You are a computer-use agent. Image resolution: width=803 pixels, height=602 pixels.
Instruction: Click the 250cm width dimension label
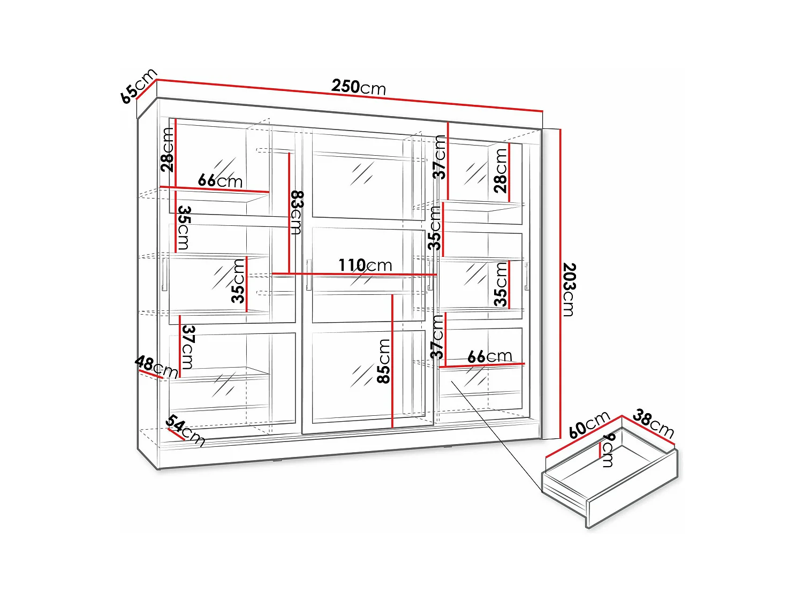[x=358, y=87]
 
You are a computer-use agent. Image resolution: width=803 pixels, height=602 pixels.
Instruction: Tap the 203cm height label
[x=569, y=289]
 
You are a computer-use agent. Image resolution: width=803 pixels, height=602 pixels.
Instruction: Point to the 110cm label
[x=365, y=265]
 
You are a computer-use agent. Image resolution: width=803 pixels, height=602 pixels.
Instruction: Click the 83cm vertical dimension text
[x=297, y=212]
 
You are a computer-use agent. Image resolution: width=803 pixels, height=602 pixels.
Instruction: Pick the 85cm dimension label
[x=384, y=361]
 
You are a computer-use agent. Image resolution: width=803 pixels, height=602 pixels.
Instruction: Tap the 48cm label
[x=156, y=367]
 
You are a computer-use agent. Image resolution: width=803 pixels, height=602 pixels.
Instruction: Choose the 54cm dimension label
[x=185, y=430]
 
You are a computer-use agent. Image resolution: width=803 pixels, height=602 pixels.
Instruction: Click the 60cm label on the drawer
[x=589, y=424]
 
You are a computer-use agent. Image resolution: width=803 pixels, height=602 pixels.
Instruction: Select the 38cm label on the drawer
[x=653, y=423]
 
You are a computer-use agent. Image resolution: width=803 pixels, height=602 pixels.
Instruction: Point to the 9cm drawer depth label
[x=609, y=450]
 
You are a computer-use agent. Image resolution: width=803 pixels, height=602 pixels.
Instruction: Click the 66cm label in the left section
[x=220, y=181]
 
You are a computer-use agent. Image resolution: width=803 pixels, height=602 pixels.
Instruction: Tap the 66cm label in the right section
[x=489, y=356]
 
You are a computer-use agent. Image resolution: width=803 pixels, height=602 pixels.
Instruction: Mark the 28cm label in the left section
[x=168, y=150]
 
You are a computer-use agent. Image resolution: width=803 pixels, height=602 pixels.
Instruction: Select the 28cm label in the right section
[x=501, y=170]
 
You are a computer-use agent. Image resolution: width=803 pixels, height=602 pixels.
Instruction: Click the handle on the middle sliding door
[x=309, y=275]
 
